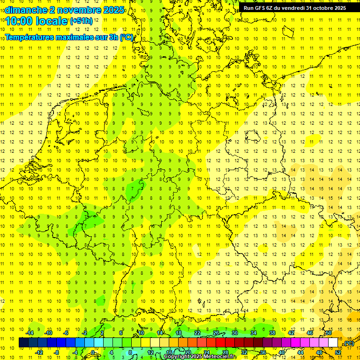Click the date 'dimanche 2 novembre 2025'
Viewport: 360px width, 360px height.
65,10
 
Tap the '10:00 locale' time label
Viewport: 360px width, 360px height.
37,21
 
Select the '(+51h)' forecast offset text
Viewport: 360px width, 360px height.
81,21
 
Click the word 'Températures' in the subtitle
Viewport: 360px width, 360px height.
32,37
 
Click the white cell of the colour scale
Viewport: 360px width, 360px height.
333,343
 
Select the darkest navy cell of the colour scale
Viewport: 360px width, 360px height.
23,343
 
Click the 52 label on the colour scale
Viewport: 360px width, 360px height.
338,352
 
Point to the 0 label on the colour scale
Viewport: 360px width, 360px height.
93,352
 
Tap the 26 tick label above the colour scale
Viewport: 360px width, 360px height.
216,333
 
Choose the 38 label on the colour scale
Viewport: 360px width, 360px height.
272,333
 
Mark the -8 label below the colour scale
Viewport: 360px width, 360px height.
57,352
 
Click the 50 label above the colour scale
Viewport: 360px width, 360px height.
328,333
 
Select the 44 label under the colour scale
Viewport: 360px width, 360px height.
300,352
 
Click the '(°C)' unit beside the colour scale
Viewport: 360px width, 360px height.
348,343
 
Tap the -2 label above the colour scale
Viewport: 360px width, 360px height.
84,333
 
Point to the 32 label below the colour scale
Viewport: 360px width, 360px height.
244,352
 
